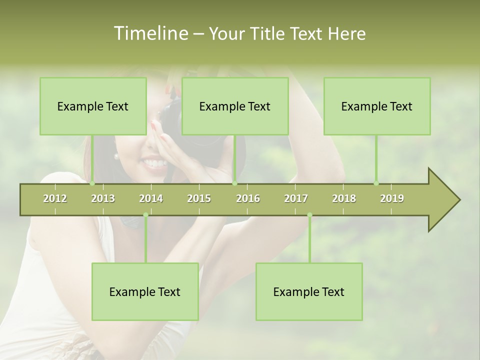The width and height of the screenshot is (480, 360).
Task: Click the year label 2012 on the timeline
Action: point(55,198)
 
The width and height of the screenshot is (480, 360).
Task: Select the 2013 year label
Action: point(103,198)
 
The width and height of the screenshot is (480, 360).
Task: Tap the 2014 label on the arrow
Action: point(151,198)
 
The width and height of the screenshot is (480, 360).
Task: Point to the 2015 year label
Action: point(199,198)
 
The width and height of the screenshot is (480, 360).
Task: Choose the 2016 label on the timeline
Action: point(248,198)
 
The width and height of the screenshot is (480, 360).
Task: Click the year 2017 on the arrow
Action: point(296,198)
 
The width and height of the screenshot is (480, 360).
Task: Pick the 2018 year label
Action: point(344,198)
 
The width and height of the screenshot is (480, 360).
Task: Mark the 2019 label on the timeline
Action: point(392,198)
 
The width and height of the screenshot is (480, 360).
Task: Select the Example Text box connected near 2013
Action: point(93,106)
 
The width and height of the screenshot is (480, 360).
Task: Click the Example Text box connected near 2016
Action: point(235,106)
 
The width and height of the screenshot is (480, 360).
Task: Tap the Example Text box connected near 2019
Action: point(377,106)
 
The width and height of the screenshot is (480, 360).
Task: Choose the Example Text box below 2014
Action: point(145,292)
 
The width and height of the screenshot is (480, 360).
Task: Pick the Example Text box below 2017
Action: point(309,292)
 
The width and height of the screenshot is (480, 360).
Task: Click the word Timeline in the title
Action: point(150,33)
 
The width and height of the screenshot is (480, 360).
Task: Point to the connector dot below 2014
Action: point(145,215)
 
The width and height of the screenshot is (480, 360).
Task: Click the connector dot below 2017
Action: point(309,215)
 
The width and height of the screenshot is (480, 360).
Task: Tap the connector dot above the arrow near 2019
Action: point(376,183)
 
